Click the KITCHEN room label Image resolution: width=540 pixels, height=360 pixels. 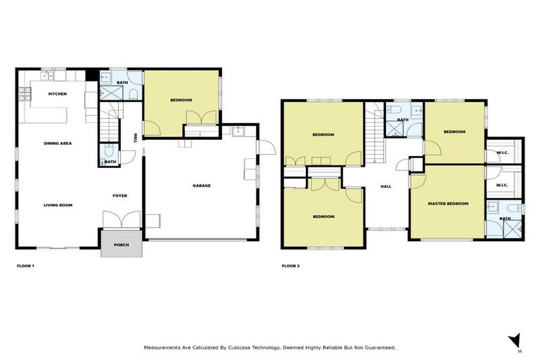[57, 94]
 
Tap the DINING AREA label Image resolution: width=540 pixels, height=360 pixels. [58, 143]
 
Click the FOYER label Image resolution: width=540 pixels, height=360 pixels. [120, 195]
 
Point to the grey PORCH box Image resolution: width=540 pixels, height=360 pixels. [122, 245]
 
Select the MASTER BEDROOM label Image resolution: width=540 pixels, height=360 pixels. [448, 204]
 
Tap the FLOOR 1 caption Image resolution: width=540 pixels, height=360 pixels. [25, 266]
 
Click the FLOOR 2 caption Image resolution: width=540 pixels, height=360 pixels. [290, 266]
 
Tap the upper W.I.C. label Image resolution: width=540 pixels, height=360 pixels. [502, 153]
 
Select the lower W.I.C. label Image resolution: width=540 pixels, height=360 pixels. [502, 186]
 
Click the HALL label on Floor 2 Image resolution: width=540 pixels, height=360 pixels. [385, 186]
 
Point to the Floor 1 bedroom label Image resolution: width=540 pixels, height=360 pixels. [181, 101]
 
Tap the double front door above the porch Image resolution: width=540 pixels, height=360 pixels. [116, 220]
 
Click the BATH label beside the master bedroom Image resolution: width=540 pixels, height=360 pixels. [505, 219]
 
